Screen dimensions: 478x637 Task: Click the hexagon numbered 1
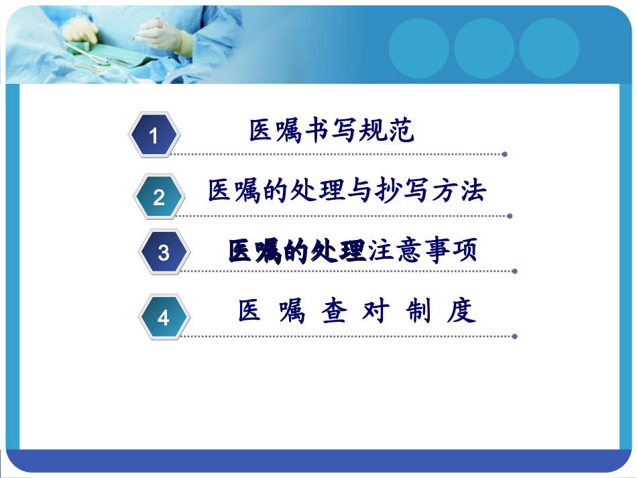click(x=154, y=136)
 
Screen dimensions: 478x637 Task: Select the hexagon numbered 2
click(x=159, y=197)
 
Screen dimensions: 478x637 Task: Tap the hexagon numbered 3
click(x=164, y=253)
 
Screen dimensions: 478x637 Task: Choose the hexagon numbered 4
click(x=164, y=317)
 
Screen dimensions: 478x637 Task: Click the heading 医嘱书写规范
click(x=331, y=131)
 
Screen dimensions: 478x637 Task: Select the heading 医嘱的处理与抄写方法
click(x=347, y=191)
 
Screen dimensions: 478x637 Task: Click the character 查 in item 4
click(x=333, y=312)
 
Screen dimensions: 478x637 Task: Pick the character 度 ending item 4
click(x=461, y=312)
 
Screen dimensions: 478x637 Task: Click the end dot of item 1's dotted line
click(x=504, y=154)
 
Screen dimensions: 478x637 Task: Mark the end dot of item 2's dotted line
click(x=510, y=216)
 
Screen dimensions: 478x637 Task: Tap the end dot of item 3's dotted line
click(x=514, y=272)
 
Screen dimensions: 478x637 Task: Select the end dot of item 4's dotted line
click(x=514, y=336)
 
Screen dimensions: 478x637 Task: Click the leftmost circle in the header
click(x=418, y=48)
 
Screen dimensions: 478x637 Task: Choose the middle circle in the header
click(x=483, y=48)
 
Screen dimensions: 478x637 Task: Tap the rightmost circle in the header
click(x=548, y=48)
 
